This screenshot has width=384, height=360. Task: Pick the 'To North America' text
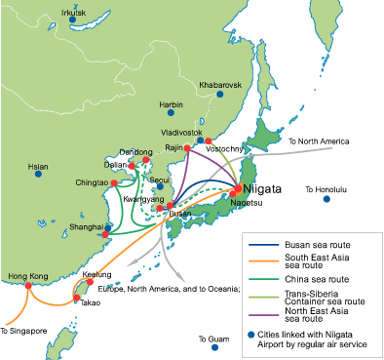317,142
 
